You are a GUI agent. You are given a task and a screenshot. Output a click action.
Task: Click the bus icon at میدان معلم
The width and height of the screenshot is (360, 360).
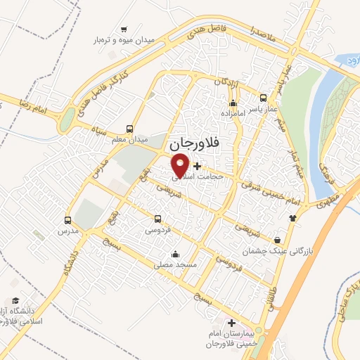[129, 129]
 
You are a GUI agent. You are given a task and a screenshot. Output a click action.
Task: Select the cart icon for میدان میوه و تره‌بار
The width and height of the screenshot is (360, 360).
[124, 30]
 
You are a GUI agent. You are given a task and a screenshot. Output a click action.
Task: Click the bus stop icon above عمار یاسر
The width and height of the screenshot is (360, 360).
[264, 98]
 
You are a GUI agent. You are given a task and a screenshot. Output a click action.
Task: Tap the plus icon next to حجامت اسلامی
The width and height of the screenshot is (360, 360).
[197, 167]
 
